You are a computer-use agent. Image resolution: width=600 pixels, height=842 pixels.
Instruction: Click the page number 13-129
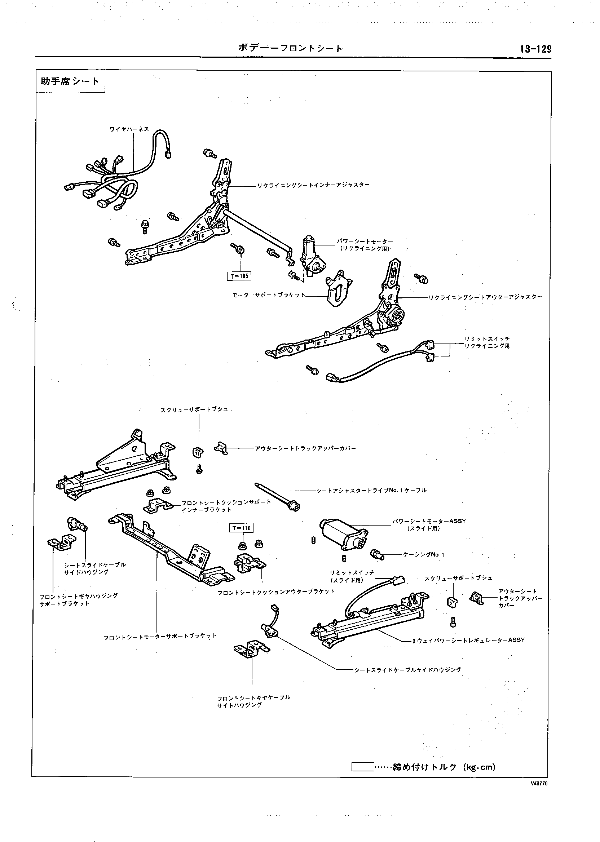tap(535, 49)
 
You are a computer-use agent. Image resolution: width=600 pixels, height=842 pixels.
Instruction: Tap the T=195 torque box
tap(239, 276)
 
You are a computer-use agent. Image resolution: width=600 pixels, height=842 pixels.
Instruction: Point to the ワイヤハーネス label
tap(129, 129)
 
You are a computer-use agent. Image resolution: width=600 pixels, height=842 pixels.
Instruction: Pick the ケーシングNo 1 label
tap(424, 555)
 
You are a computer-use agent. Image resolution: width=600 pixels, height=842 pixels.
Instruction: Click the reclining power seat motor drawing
tap(312, 255)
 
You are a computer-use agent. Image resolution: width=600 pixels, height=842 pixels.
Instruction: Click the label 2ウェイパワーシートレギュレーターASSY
tap(468, 640)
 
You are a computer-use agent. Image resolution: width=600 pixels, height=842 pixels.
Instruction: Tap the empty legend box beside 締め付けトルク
tap(362, 767)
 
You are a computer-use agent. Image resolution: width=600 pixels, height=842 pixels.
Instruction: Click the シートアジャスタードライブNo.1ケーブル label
tap(371, 491)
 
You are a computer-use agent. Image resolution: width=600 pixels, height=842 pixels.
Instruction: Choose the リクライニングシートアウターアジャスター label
tap(485, 297)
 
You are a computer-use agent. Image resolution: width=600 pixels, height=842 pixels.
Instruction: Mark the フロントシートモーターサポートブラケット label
tap(160, 636)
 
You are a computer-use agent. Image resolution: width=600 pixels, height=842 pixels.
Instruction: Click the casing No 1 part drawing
tap(377, 554)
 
